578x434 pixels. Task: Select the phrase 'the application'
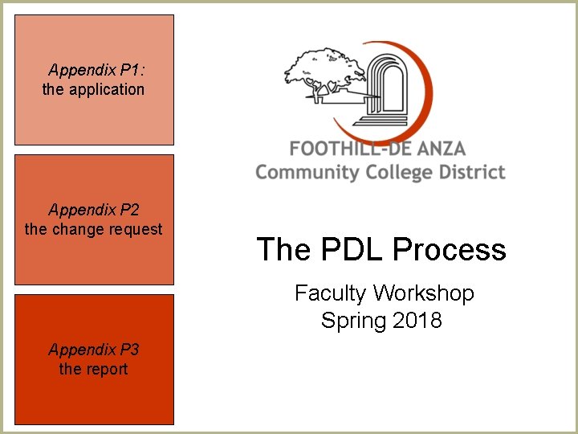94,89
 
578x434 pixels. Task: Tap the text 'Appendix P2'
94,210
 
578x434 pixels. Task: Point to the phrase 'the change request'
94,229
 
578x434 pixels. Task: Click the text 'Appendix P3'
94,350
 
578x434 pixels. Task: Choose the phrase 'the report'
94,369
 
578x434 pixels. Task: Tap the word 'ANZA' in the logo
437,149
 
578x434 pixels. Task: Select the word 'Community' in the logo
307,172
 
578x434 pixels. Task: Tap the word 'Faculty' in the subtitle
331,293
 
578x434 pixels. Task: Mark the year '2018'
417,321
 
